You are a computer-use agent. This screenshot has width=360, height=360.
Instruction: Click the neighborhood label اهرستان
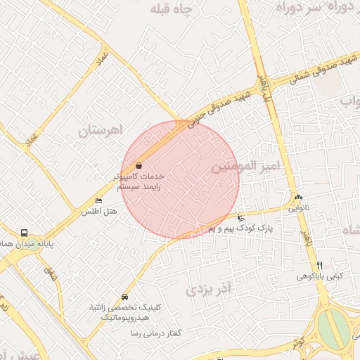[x=101, y=131]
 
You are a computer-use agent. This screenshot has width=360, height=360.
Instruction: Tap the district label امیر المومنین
[x=245, y=166]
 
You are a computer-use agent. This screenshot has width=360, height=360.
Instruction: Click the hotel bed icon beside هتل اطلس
[x=98, y=201]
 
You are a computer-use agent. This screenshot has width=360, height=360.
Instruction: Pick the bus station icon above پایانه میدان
[x=25, y=233]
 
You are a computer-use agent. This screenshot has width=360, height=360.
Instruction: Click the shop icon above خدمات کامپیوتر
[x=138, y=165]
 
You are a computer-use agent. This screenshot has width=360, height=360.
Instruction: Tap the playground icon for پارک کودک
[x=241, y=217]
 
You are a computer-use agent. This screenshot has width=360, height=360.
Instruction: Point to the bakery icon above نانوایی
[x=298, y=198]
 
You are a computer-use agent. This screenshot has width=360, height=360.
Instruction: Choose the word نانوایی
[x=298, y=208]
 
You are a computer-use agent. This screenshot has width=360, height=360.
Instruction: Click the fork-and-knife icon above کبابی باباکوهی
[x=320, y=265]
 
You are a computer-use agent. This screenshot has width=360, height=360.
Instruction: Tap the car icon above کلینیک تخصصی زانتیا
[x=125, y=297]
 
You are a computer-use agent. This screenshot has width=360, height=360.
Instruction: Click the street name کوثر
[x=300, y=343]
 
